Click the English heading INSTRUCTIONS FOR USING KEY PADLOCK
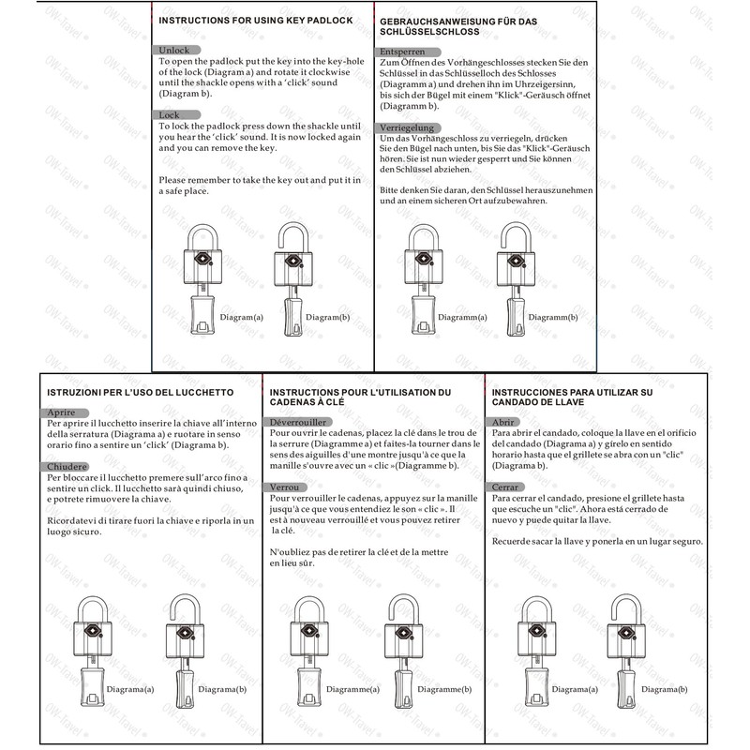(255, 21)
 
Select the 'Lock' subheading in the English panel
(169, 114)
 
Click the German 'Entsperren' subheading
(400, 52)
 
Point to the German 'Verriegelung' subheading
(406, 127)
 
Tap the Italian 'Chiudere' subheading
(68, 467)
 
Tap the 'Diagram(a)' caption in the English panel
(241, 318)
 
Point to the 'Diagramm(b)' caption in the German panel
(552, 318)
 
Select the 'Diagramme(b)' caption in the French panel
(441, 690)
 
